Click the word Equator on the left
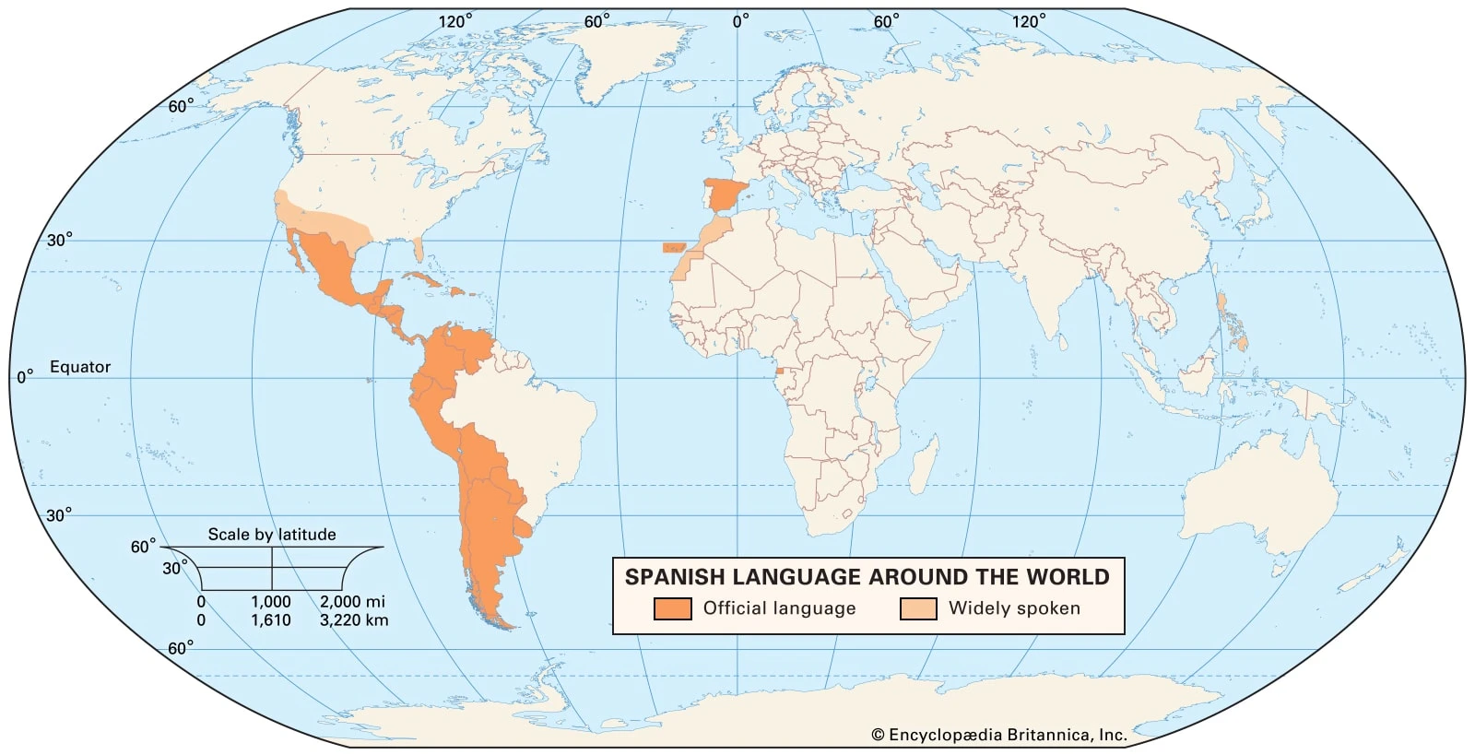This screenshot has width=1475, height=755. pos(80,367)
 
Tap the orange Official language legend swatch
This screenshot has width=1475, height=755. pos(672,608)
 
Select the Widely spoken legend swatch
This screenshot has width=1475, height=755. pos(918,608)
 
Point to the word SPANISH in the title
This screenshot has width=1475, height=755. pos(670,577)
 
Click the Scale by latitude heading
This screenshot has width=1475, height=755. pos(272,534)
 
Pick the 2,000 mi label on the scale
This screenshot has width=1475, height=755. pos(352,601)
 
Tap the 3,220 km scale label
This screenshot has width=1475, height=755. pos(354,620)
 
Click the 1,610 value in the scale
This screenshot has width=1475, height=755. pos(271,620)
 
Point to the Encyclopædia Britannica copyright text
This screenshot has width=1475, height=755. pos(999,735)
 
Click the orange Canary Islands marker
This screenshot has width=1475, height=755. pos(674,247)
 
